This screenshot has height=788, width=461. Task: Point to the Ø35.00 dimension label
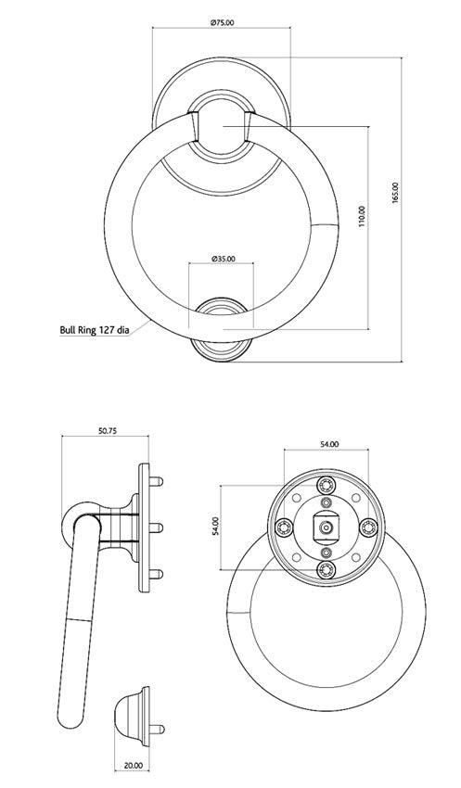point(223,259)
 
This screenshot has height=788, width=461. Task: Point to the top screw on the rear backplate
point(326,487)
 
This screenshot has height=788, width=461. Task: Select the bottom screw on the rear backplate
point(326,568)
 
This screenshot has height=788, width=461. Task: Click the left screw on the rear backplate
point(286,527)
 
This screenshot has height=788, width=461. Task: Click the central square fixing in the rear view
point(326,527)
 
